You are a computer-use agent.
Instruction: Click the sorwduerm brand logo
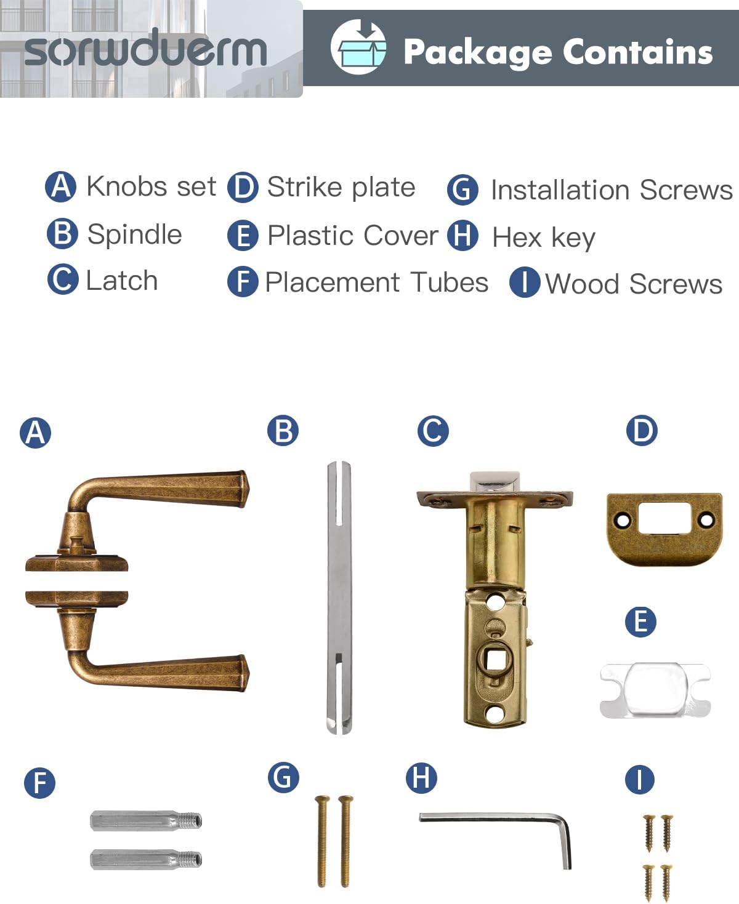[146, 49]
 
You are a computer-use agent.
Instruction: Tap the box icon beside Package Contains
[358, 47]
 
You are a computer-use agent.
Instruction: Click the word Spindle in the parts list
[134, 234]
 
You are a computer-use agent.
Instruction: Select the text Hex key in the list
[543, 238]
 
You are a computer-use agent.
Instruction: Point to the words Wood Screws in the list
[634, 284]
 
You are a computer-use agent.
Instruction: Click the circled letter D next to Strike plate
[243, 188]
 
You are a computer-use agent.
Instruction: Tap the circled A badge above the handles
[35, 432]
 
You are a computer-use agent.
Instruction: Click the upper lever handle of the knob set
[166, 489]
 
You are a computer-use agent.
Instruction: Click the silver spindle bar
[339, 597]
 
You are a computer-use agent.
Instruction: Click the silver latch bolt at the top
[495, 482]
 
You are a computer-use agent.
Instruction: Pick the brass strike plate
[664, 528]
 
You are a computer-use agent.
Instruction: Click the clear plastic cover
[655, 690]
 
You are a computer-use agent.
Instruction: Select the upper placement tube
[146, 820]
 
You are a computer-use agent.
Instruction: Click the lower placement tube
[146, 859]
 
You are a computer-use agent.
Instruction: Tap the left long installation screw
[321, 840]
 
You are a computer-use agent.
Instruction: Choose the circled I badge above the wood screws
[639, 780]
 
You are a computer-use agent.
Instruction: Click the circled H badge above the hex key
[421, 778]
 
